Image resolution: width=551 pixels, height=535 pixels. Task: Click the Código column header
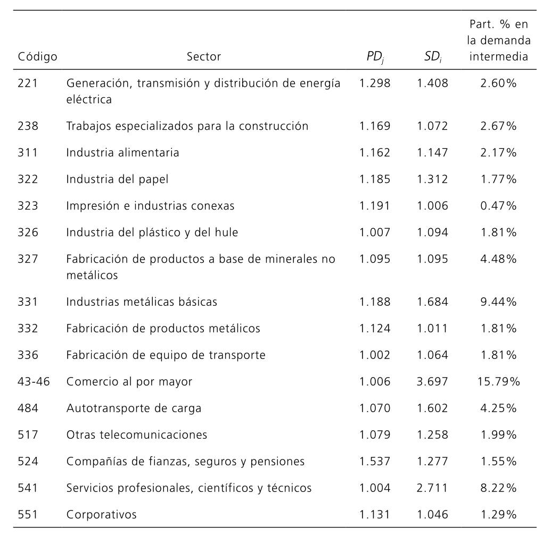[x=38, y=56]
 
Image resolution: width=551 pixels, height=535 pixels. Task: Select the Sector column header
[x=204, y=56]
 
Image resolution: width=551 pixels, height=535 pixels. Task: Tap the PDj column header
[x=375, y=57]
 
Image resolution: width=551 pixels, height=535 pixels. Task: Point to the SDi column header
[x=432, y=57]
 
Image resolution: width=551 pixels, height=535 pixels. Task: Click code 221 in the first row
[x=28, y=83]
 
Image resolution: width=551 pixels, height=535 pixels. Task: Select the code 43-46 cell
[x=34, y=381]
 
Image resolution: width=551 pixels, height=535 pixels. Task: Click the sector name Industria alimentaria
[x=122, y=153]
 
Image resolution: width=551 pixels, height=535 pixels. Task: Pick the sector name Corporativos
[x=101, y=514]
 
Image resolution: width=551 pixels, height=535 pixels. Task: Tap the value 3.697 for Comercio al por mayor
[x=432, y=381]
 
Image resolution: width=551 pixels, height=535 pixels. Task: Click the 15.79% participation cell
[x=498, y=381]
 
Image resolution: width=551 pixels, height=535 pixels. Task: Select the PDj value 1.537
[x=375, y=461]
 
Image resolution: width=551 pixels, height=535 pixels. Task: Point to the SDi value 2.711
[x=432, y=488]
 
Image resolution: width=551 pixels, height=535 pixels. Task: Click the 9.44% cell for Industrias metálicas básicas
[x=498, y=302]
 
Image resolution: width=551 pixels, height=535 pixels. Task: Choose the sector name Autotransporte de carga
[x=134, y=408]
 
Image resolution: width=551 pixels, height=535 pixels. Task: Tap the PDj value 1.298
[x=375, y=83]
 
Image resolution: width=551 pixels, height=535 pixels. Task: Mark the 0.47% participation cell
[x=498, y=206]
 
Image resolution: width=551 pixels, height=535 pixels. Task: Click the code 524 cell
[x=28, y=461]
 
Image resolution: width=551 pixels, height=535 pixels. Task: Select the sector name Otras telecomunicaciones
[x=137, y=434]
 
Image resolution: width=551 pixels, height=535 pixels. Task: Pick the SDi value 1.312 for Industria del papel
[x=432, y=179]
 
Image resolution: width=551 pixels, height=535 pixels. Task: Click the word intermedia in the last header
[x=499, y=56]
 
